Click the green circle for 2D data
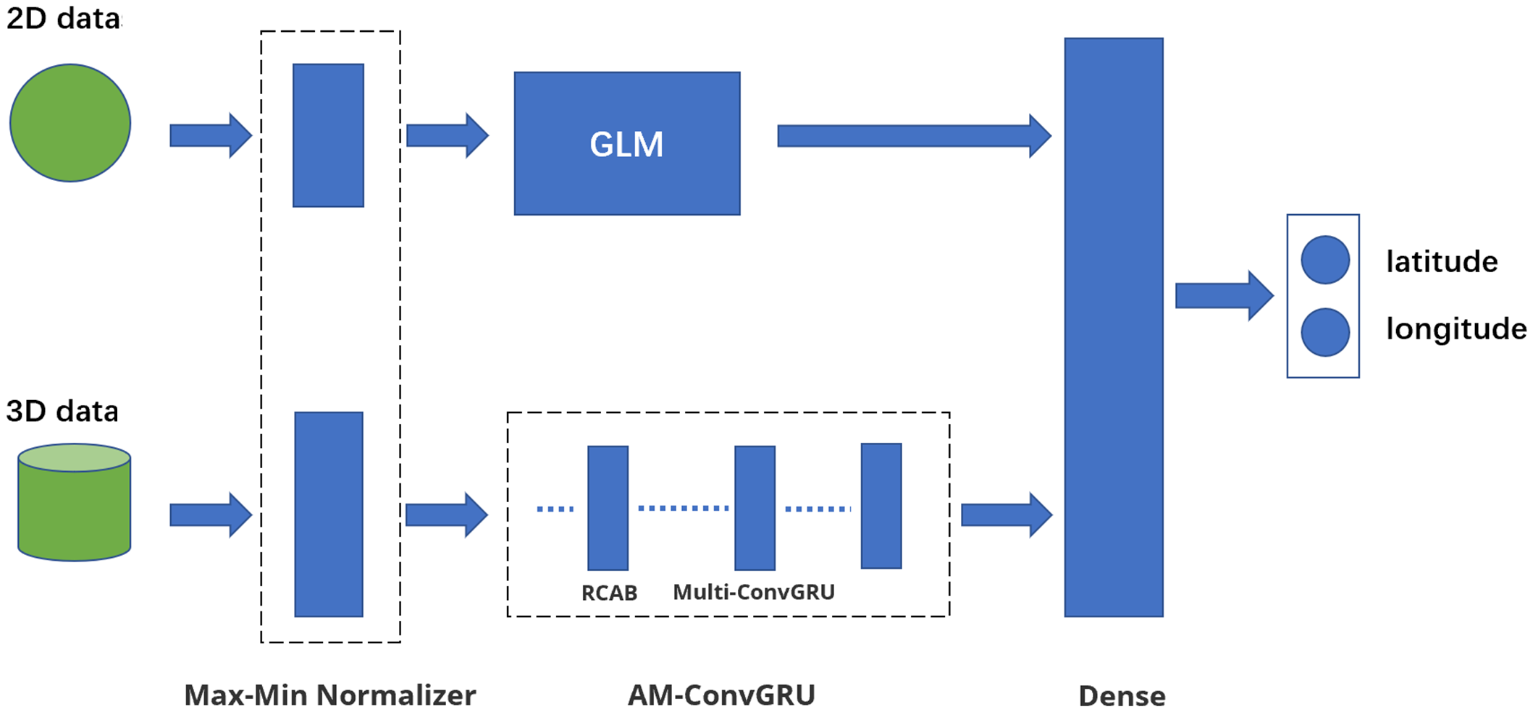point(70,123)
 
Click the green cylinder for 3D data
point(74,507)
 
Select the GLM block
point(627,143)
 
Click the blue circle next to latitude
point(1324,260)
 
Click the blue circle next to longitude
point(1324,332)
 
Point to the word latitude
point(1441,261)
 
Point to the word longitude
point(1456,329)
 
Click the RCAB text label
point(609,593)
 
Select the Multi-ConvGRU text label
point(753,592)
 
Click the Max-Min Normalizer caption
point(330,695)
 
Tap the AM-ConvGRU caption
point(721,695)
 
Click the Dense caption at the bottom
point(1122,696)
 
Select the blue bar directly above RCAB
point(608,507)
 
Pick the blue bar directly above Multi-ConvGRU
point(755,507)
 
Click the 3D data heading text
point(62,411)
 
